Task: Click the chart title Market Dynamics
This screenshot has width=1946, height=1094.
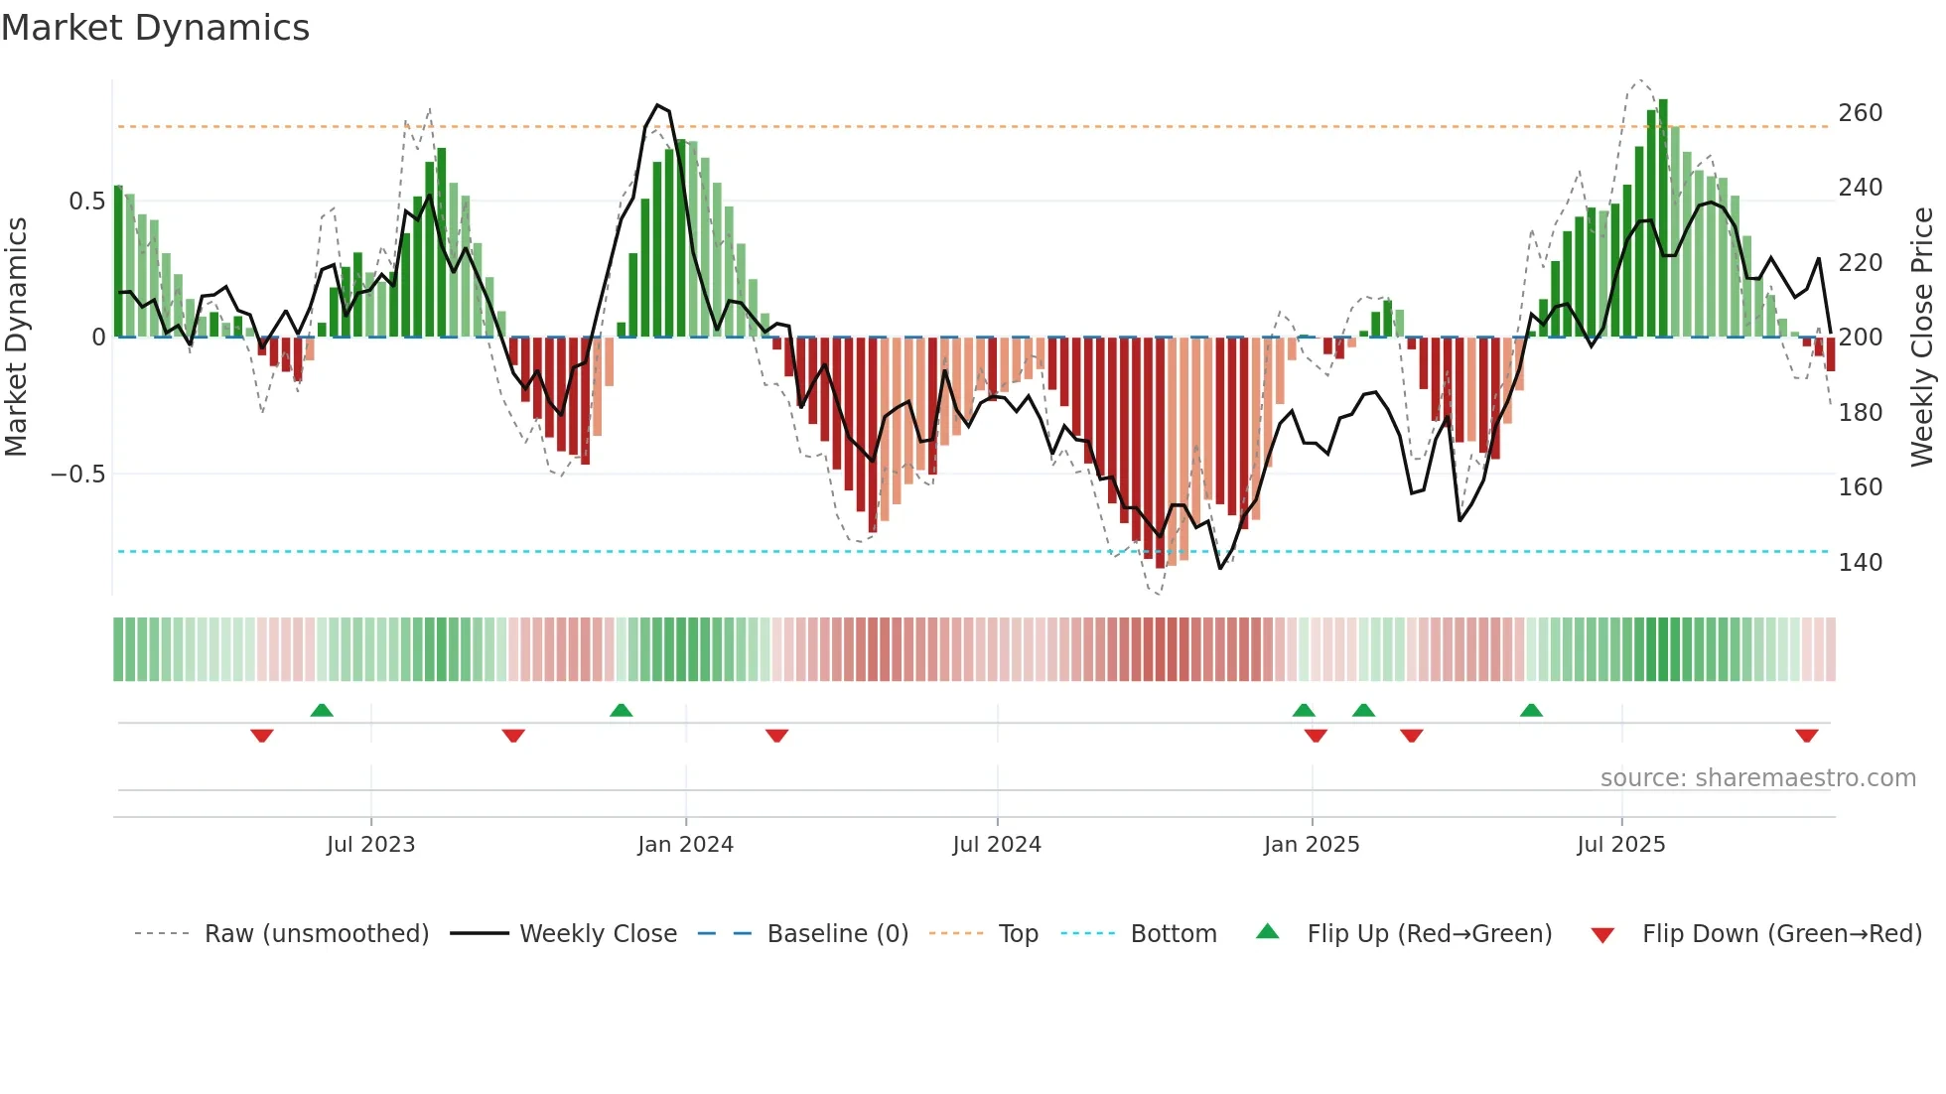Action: point(155,28)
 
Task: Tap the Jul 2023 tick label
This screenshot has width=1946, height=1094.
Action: point(370,845)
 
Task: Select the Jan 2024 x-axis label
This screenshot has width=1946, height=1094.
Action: point(685,845)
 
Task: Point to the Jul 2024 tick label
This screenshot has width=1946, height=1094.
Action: point(997,845)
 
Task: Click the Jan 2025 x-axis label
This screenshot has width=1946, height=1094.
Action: point(1312,845)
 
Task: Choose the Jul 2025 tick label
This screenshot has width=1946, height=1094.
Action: point(1621,845)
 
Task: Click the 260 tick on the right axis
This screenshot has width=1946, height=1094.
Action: point(1860,113)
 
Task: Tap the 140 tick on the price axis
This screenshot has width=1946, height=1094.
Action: point(1860,563)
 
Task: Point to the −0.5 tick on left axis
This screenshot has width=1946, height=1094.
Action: point(77,475)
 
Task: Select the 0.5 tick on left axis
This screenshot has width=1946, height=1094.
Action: point(86,202)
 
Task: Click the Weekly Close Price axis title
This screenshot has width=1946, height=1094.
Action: point(1922,337)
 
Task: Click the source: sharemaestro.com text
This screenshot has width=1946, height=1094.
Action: point(1757,778)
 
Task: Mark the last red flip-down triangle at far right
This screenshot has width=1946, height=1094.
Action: point(1806,736)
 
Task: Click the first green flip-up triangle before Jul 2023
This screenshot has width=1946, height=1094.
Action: point(322,710)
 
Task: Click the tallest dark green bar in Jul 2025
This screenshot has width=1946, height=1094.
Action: point(1663,218)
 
